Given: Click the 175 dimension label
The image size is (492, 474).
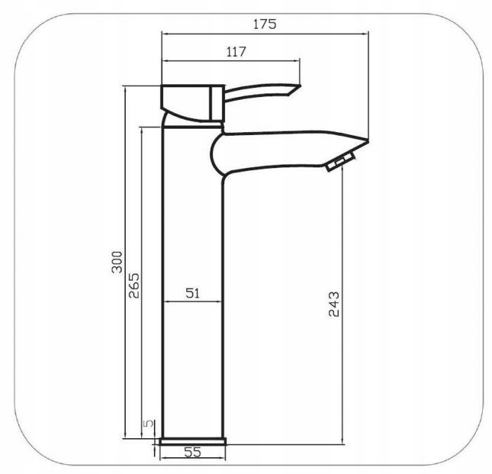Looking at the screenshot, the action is (265, 24).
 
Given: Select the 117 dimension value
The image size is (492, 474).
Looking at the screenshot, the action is (236, 51).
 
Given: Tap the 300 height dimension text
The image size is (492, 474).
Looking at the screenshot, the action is (117, 262).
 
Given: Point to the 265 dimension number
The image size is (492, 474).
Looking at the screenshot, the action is (134, 286).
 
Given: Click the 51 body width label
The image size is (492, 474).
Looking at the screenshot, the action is (193, 293).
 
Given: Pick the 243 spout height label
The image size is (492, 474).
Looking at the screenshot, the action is (334, 304).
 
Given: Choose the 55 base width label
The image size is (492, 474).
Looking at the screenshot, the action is (193, 452).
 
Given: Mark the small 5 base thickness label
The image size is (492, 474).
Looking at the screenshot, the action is (148, 423).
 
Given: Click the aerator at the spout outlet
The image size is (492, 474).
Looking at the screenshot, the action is (340, 161).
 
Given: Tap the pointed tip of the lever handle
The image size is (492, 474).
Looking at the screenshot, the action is (300, 85).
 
